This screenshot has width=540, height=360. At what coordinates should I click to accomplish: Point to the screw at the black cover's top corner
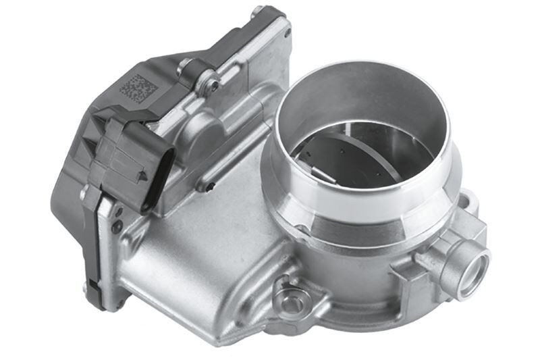tap(257, 11)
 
